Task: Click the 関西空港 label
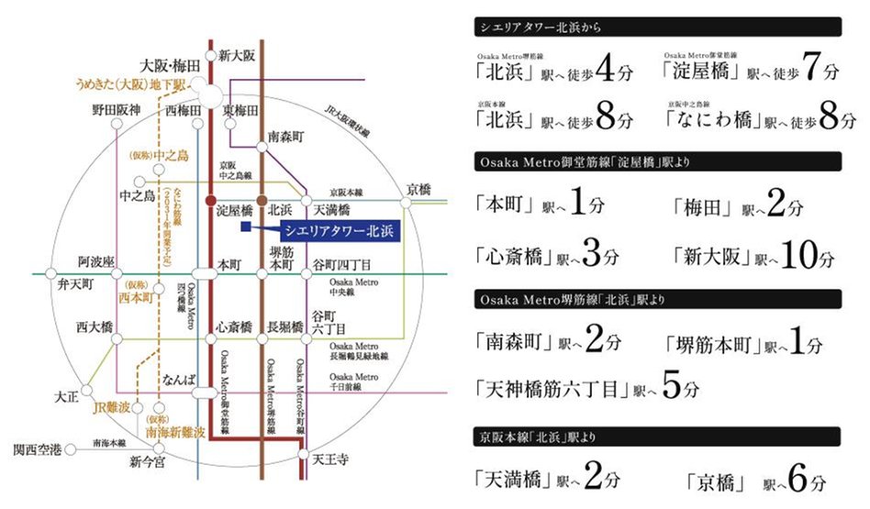38,450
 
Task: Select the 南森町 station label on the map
284,136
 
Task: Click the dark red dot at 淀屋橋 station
211,199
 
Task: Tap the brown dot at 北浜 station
262,199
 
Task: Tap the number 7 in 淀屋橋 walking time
809,69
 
